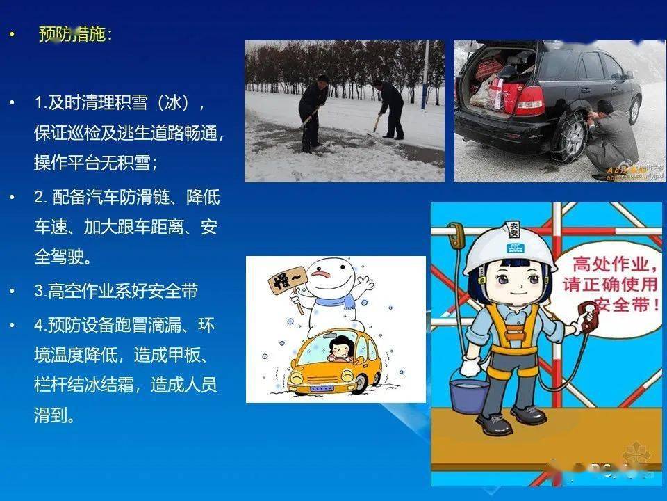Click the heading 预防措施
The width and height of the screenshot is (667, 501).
[x=72, y=34]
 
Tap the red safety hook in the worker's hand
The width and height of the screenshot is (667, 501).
[x=589, y=317]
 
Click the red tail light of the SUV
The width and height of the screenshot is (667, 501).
[x=529, y=101]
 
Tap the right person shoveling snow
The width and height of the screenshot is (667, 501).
[x=390, y=108]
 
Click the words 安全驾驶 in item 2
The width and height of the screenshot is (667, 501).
[x=63, y=257]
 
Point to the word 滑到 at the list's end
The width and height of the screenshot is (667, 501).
[x=53, y=416]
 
